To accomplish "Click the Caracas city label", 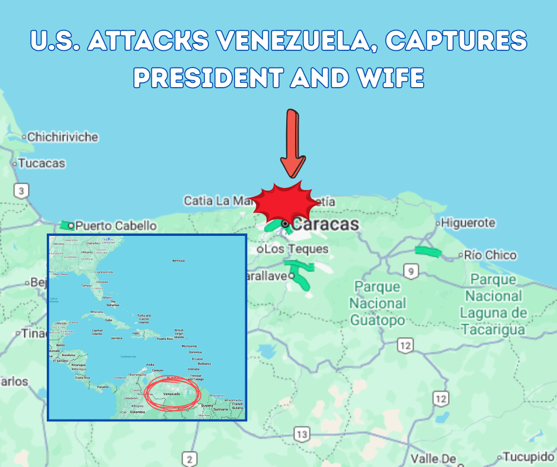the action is pos(325,224).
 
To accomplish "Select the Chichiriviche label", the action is pos(62,137).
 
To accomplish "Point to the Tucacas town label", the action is pos(41,163).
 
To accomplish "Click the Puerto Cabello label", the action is pos(116,226).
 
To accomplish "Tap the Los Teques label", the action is pos(296,250).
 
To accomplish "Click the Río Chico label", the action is pos(490,255).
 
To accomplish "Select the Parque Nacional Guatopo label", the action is pos(377,303).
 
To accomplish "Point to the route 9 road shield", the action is pos(411,271).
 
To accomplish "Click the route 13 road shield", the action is pos(302,434).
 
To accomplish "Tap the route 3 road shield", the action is pos(22,191).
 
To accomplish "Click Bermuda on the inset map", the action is pos(178,260).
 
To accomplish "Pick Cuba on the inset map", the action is pos(108,319).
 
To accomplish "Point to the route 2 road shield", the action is pos(189,459).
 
